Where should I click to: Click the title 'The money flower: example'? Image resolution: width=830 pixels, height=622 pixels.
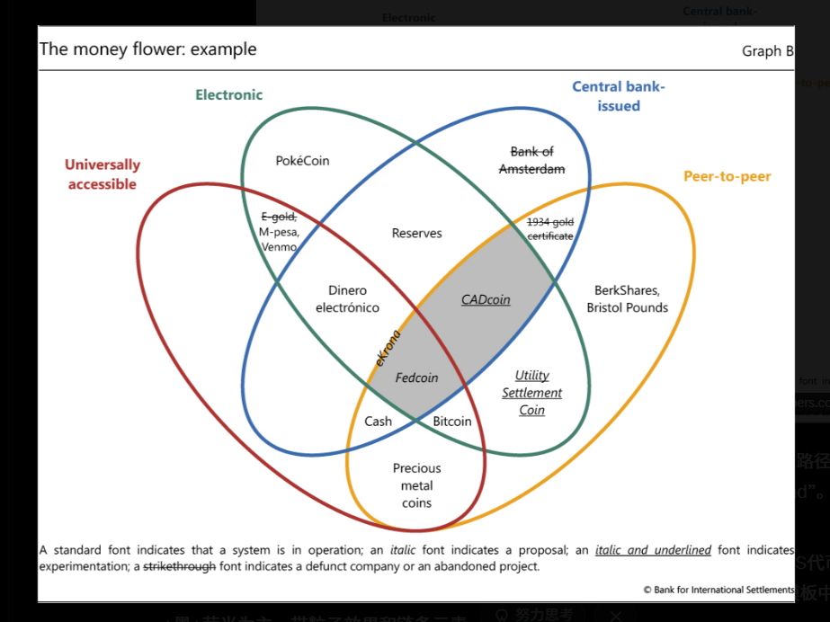pos(148,49)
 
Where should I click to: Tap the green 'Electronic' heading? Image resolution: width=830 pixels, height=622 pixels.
pos(228,94)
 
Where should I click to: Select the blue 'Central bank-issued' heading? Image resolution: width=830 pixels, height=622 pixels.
pos(619,96)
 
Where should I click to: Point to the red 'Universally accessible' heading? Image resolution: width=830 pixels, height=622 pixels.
pos(103,174)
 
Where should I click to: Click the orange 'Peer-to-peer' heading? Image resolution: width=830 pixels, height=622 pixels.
pos(727,176)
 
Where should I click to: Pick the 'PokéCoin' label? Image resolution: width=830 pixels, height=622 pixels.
pos(302,161)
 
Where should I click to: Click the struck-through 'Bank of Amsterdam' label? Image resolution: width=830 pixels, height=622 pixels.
pos(531,160)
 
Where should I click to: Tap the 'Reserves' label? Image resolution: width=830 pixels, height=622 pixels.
pos(416,234)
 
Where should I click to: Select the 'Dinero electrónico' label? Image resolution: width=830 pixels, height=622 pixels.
pos(347,299)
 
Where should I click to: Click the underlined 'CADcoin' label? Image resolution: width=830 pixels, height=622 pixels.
pos(486,300)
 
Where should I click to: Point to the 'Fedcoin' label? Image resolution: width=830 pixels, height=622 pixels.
pos(416,378)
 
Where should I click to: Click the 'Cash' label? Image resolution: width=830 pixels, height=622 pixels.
pos(378,421)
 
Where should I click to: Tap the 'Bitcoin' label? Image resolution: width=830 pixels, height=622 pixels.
pos(451,421)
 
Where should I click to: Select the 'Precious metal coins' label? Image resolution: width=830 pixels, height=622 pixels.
pos(416,485)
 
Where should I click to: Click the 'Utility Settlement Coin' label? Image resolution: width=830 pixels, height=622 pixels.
pos(531,393)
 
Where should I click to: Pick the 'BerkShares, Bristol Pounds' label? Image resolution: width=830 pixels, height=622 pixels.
pos(627,299)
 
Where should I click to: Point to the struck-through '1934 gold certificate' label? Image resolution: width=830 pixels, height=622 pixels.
pos(549,229)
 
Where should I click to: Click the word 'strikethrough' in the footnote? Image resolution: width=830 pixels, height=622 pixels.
pos(180,566)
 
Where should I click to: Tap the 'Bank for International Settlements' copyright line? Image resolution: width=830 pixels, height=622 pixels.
pos(718,590)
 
